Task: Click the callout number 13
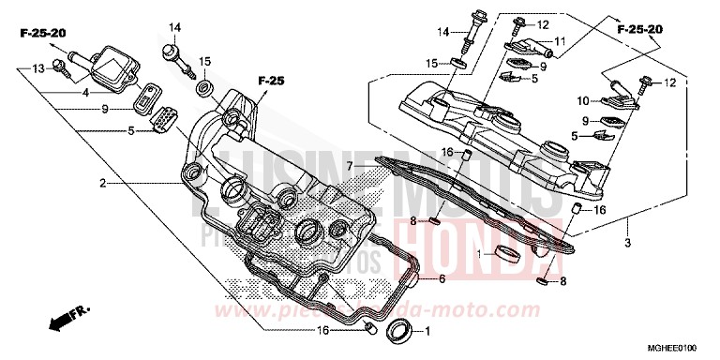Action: [x=37, y=68]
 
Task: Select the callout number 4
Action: [x=85, y=92]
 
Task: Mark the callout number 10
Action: [x=581, y=100]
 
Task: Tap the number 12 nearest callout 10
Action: [x=668, y=83]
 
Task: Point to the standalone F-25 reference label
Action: [x=270, y=81]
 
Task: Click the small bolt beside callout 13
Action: [x=60, y=66]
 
